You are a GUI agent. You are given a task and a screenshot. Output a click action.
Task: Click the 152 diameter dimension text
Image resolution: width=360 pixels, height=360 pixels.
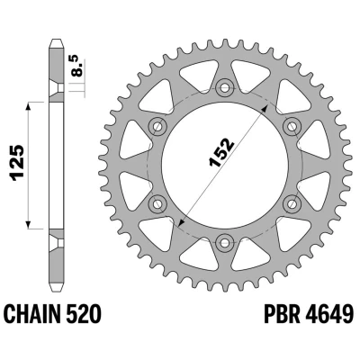tap(221, 152)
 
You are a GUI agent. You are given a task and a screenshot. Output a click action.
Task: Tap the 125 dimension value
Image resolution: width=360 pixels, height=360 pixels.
tap(17, 164)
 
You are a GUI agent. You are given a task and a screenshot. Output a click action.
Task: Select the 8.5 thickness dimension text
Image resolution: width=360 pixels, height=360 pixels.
tap(78, 66)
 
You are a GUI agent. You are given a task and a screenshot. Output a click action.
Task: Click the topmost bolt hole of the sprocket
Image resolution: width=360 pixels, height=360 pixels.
tap(225, 88)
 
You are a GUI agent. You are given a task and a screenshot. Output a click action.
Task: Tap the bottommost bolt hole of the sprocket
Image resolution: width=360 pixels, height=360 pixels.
tap(225, 242)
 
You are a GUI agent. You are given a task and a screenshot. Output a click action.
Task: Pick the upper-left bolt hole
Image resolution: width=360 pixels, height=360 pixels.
tap(157, 127)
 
